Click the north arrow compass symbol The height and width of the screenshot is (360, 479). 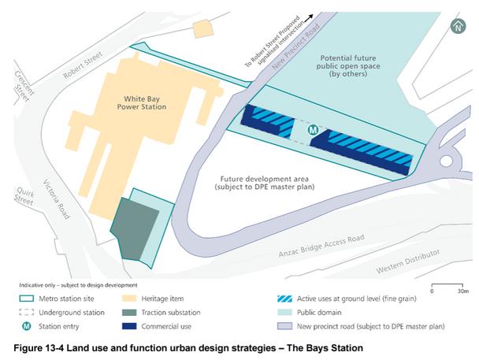click(458, 27)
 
